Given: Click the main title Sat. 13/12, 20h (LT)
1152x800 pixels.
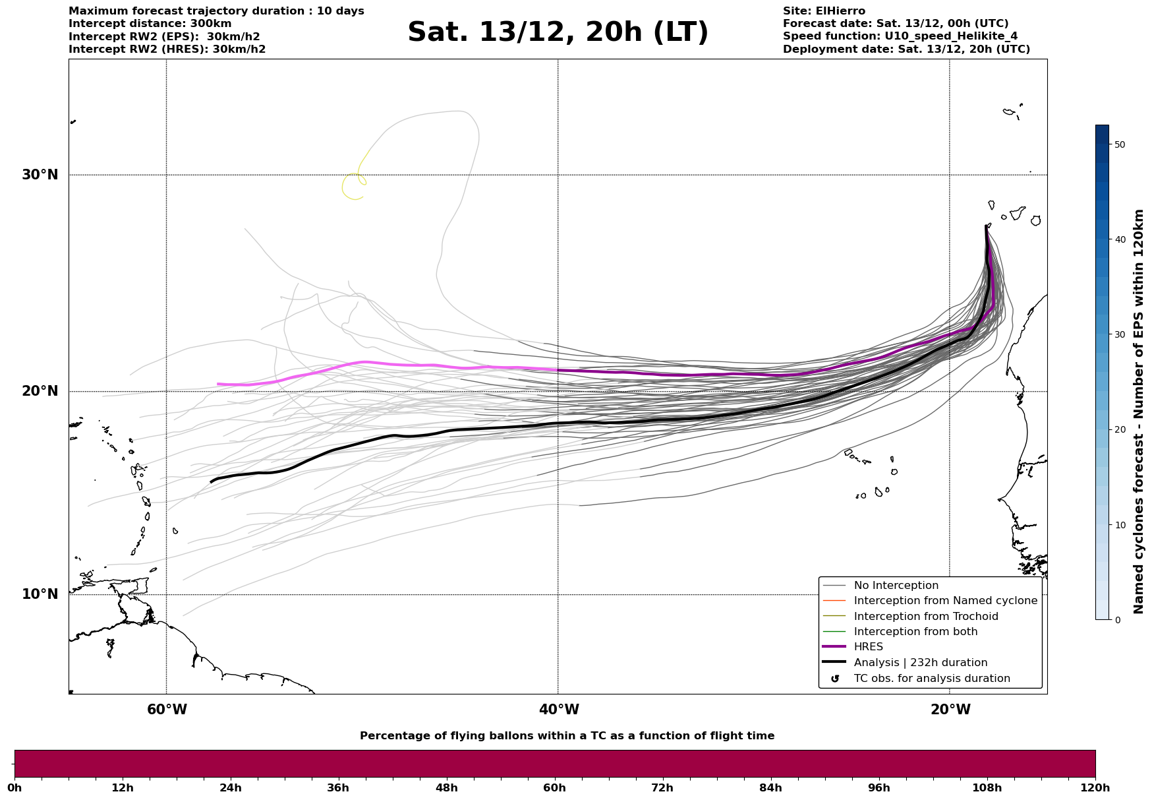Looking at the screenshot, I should (558, 32).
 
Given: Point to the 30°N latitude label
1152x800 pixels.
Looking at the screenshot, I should (40, 175).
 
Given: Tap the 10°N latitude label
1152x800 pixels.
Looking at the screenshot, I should (40, 594).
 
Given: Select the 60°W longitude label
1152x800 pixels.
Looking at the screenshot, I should (167, 710).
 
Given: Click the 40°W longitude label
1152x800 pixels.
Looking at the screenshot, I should (558, 710).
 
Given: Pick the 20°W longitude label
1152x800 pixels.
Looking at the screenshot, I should (950, 710).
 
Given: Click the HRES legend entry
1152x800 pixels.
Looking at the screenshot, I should (868, 647).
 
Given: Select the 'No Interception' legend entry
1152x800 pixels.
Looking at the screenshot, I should (896, 586).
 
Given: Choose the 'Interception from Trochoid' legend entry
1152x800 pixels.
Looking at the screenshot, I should (925, 617).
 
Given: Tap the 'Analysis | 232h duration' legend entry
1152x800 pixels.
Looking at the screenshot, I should (920, 663).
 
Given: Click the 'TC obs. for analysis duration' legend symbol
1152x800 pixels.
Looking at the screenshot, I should (835, 679).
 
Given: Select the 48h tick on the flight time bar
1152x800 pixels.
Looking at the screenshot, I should (446, 788).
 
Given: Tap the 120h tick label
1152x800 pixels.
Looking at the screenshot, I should (1095, 788).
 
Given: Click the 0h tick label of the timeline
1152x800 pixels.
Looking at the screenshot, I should (14, 788).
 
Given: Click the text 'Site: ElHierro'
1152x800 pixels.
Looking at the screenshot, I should (824, 11).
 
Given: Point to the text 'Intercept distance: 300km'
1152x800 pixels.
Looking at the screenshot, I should (150, 24).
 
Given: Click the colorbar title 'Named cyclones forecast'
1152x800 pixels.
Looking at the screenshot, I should (1138, 412).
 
